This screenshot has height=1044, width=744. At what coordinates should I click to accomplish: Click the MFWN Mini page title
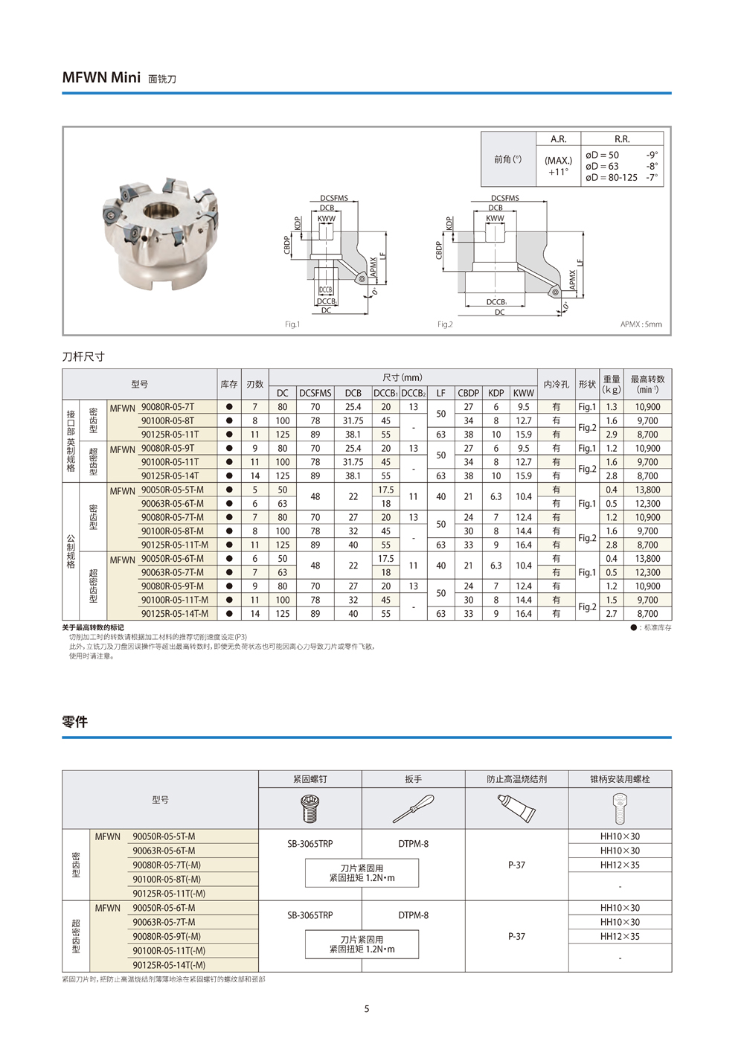101,77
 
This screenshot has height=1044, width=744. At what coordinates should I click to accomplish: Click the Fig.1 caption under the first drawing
292,324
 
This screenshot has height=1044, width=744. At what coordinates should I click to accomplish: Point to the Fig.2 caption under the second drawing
445,324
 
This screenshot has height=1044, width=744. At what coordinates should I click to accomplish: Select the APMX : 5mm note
641,324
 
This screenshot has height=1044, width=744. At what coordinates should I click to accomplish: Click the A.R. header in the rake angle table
558,139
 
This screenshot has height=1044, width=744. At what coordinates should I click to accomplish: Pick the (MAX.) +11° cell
558,166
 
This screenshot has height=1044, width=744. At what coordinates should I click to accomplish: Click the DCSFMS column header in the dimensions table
315,393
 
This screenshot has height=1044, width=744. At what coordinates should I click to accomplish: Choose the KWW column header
523,393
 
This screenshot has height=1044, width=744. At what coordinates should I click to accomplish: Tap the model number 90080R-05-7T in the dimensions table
167,407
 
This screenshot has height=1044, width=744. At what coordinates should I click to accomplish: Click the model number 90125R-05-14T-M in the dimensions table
175,614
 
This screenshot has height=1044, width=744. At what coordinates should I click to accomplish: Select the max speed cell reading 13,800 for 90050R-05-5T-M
647,490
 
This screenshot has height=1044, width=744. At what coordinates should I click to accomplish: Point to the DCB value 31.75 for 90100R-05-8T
353,421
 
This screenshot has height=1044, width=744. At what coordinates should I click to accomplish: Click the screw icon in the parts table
310,807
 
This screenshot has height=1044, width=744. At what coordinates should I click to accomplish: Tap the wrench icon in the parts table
413,807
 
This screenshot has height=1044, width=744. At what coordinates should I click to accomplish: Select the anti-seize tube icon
516,807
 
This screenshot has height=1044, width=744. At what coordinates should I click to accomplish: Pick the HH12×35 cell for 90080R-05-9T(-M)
620,937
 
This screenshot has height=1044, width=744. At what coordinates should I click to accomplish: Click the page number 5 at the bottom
367,1009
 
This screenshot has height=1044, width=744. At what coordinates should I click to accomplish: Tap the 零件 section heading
75,722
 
